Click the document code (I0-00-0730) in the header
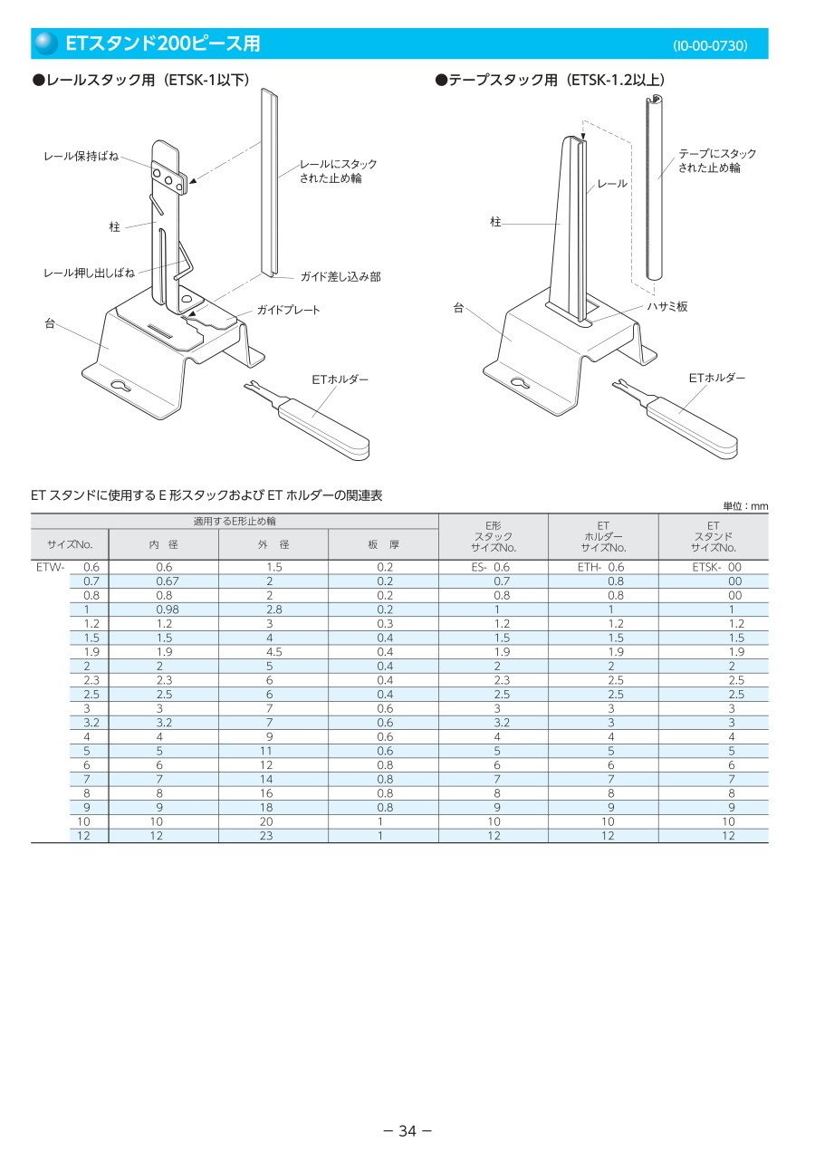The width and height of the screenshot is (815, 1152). [x=710, y=45]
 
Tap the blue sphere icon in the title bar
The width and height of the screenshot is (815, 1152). [x=46, y=43]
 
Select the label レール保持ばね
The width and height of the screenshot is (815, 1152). [x=81, y=156]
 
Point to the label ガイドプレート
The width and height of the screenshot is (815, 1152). [x=288, y=310]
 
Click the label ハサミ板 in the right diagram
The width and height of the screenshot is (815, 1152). [x=666, y=306]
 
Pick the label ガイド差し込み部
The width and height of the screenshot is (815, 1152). [x=340, y=277]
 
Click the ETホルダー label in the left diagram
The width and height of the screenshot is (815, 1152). [x=340, y=379]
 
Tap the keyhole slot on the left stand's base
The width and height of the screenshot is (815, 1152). [x=120, y=386]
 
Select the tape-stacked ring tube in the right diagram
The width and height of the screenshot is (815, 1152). [x=654, y=187]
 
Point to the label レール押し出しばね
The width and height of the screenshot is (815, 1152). [x=89, y=273]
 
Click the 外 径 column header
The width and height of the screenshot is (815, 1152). [x=273, y=544]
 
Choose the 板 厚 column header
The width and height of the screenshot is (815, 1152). [x=384, y=544]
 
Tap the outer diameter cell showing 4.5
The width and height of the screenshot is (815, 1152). [x=273, y=652]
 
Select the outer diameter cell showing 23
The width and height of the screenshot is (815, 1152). [x=266, y=836]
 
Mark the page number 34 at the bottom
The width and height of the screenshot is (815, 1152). [x=407, y=1131]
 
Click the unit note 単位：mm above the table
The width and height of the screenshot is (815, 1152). [x=745, y=506]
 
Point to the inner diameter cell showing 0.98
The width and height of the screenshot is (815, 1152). [x=168, y=610]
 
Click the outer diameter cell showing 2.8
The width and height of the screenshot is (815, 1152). [x=273, y=610]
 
